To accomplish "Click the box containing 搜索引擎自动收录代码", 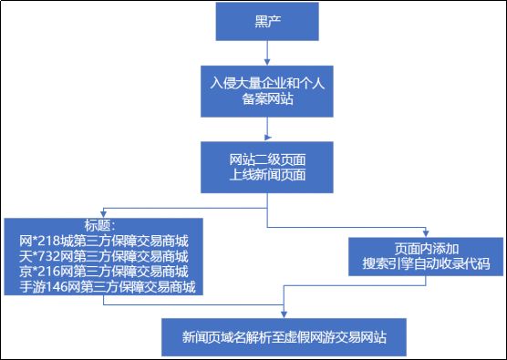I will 425,256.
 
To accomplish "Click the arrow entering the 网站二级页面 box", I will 267,128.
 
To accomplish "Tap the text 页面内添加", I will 425,248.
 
